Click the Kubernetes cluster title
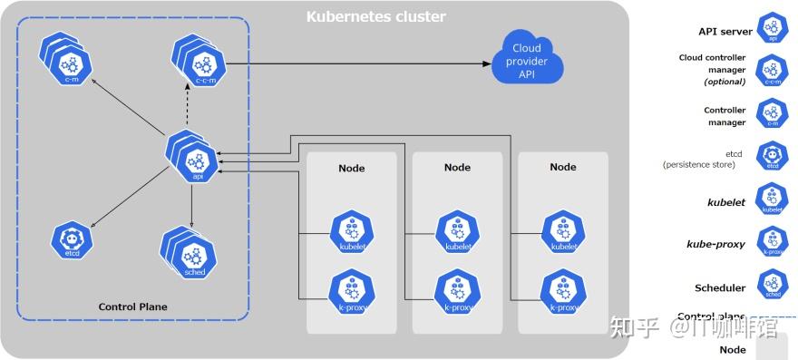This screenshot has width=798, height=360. click(x=375, y=16)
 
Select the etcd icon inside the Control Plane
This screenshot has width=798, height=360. click(x=73, y=238)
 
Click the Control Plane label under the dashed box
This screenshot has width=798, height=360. click(x=132, y=306)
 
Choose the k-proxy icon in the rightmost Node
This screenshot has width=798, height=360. click(x=563, y=291)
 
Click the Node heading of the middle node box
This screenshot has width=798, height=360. click(x=457, y=167)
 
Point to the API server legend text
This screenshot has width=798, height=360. click(x=725, y=31)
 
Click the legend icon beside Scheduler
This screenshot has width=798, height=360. click(x=773, y=287)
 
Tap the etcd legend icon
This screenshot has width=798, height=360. click(x=773, y=157)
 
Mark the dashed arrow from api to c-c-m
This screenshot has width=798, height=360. click(x=199, y=109)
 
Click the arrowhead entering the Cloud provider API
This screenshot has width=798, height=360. click(x=486, y=63)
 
